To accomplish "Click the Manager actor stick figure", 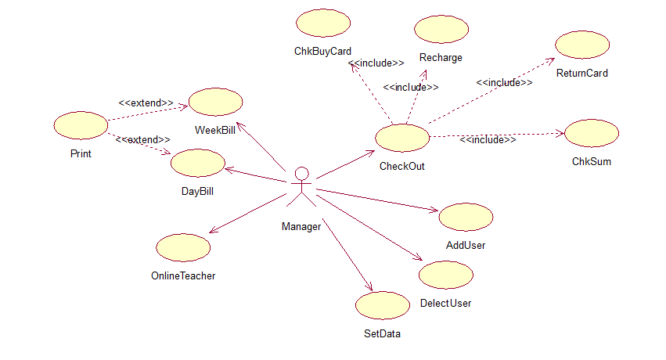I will tap(301, 188).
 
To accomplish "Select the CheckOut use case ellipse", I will tap(402, 138).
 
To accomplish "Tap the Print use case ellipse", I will tap(81, 125).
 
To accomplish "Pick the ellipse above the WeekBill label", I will tap(215, 102).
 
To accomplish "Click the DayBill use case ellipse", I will tap(197, 163).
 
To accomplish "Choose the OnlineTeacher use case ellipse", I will tap(183, 247).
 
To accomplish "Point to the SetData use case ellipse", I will tap(381, 306).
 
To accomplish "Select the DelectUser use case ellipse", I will tap(446, 275).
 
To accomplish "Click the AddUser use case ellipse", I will tap(466, 217).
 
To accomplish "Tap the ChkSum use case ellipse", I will tap(592, 133).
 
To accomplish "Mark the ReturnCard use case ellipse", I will tap(582, 45).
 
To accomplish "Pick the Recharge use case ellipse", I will tap(441, 30).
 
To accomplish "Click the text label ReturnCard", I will tap(582, 74).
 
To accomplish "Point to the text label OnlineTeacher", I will tap(183, 275).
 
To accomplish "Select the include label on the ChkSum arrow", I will tap(488, 139).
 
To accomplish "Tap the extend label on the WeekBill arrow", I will tap(146, 103).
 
